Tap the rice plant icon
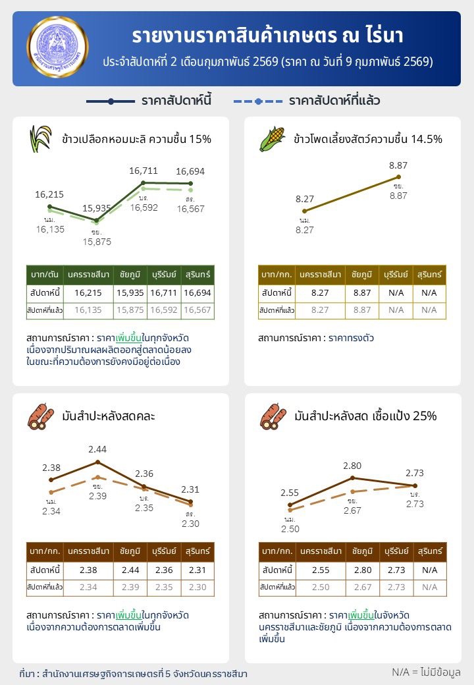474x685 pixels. point(39,138)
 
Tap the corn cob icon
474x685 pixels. point(271,138)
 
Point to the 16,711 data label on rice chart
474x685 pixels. point(144,171)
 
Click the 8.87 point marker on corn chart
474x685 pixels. point(398,177)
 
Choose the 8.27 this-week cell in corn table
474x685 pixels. point(319,292)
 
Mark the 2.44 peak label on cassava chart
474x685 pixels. point(97,449)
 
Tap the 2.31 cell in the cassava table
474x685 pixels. point(198,569)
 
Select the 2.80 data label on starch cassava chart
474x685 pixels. point(353,466)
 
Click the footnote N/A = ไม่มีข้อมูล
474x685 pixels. point(425,672)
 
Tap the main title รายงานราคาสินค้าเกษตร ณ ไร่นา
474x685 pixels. point(267,36)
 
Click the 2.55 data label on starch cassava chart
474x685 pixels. point(290,492)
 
